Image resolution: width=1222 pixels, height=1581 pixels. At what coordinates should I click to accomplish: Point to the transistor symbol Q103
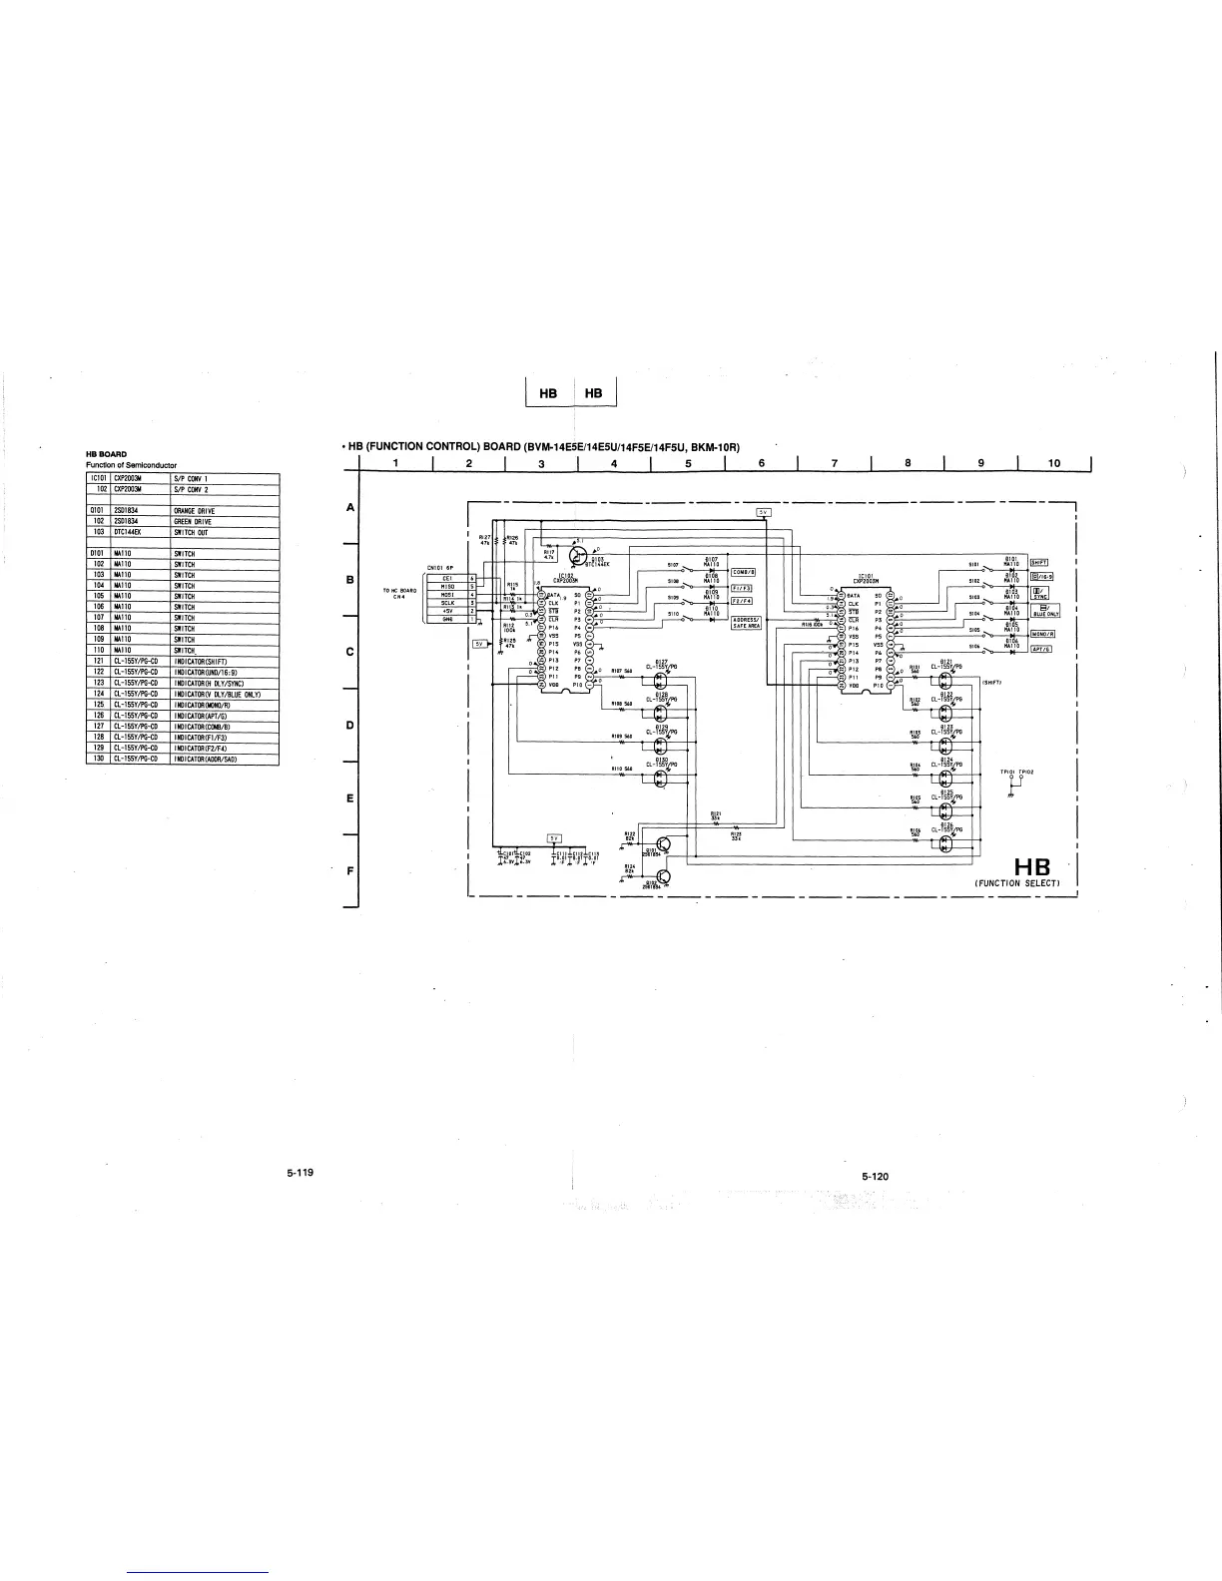point(577,557)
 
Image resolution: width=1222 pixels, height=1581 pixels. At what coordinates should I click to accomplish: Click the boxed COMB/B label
point(744,572)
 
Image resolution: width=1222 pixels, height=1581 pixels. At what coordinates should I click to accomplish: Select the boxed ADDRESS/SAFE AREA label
point(746,623)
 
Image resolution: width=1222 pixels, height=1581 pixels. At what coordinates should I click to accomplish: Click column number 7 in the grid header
point(835,462)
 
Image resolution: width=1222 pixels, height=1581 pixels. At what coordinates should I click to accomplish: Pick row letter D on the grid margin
point(350,726)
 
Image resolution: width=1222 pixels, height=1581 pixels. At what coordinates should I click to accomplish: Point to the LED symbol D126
point(945,844)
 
